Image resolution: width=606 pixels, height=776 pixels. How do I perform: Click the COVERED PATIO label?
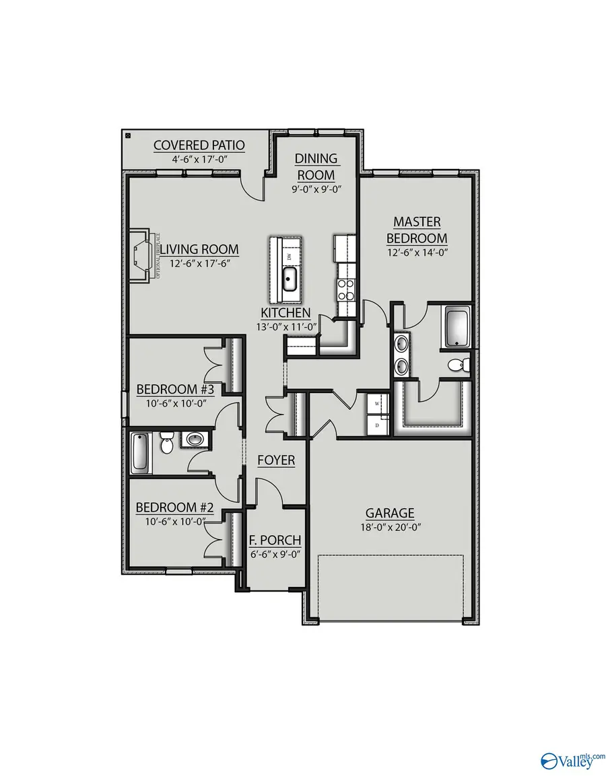pos(199,145)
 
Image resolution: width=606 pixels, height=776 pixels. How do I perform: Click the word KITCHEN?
pos(286,312)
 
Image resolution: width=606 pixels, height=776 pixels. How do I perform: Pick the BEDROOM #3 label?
pos(175,390)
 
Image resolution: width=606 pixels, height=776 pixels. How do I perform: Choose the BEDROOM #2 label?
pos(175,507)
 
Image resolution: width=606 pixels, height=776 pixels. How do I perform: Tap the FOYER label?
pos(276,460)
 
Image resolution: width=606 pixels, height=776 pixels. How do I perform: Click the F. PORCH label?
pos(275,540)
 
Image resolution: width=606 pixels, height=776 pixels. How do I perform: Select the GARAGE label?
pos(390,513)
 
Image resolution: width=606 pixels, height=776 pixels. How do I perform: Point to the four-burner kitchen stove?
pos(345,289)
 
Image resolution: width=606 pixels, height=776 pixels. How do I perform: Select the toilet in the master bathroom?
pos(458,365)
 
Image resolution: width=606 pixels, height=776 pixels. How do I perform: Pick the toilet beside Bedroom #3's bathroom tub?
pos(167,443)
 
